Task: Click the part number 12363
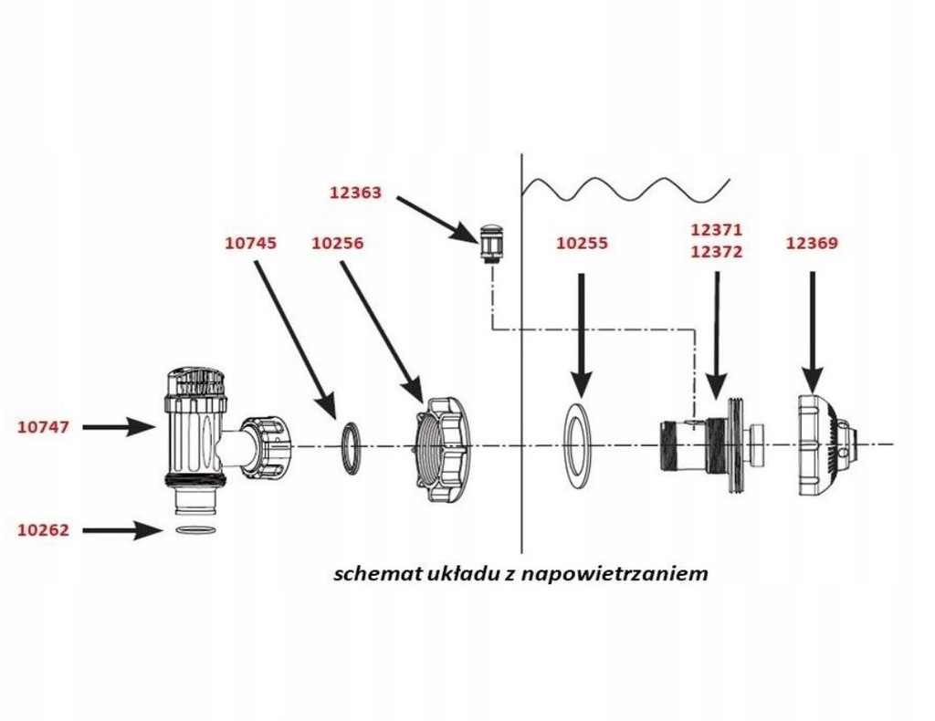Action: (355, 193)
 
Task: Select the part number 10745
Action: (250, 244)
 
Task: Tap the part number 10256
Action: (337, 244)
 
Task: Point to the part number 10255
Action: (582, 244)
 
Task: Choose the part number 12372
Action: (717, 253)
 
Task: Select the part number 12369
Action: (812, 244)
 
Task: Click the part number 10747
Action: (44, 426)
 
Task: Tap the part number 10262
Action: (44, 529)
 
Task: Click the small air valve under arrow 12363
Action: (491, 242)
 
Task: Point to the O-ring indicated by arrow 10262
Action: (194, 530)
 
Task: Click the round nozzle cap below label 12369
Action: (822, 444)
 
